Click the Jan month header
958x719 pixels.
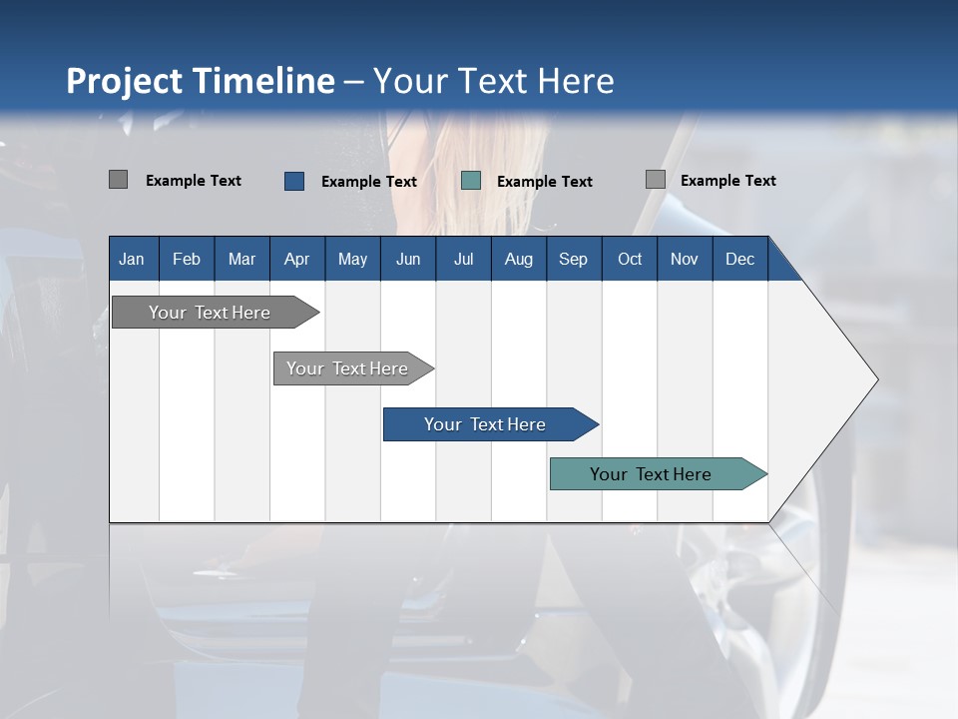(x=133, y=259)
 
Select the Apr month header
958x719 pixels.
(x=297, y=259)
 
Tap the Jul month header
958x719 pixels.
(x=463, y=259)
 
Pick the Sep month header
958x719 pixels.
(x=573, y=259)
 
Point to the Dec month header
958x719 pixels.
(x=739, y=259)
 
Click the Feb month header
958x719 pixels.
(x=187, y=259)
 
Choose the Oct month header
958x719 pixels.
(x=630, y=259)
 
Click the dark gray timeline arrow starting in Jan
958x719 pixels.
(x=210, y=313)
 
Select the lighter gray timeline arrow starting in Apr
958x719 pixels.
(x=347, y=368)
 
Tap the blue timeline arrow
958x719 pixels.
(x=485, y=424)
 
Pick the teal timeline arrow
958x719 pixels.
(x=651, y=474)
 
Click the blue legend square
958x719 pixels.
(x=294, y=181)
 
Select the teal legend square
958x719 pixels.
(x=471, y=181)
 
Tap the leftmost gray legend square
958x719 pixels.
(x=118, y=180)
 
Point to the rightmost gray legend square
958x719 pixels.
(x=655, y=180)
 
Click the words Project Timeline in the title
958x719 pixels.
(x=200, y=81)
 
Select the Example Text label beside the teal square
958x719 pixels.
(x=544, y=182)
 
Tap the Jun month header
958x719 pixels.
(x=408, y=259)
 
